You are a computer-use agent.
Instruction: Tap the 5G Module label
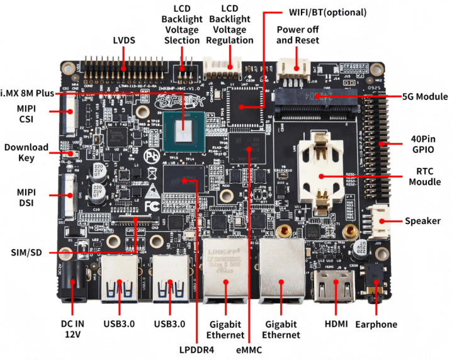424,97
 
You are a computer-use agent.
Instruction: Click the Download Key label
26,152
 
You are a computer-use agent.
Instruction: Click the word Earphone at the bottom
376,324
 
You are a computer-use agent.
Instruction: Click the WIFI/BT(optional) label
327,11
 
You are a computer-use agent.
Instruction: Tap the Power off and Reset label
298,35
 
